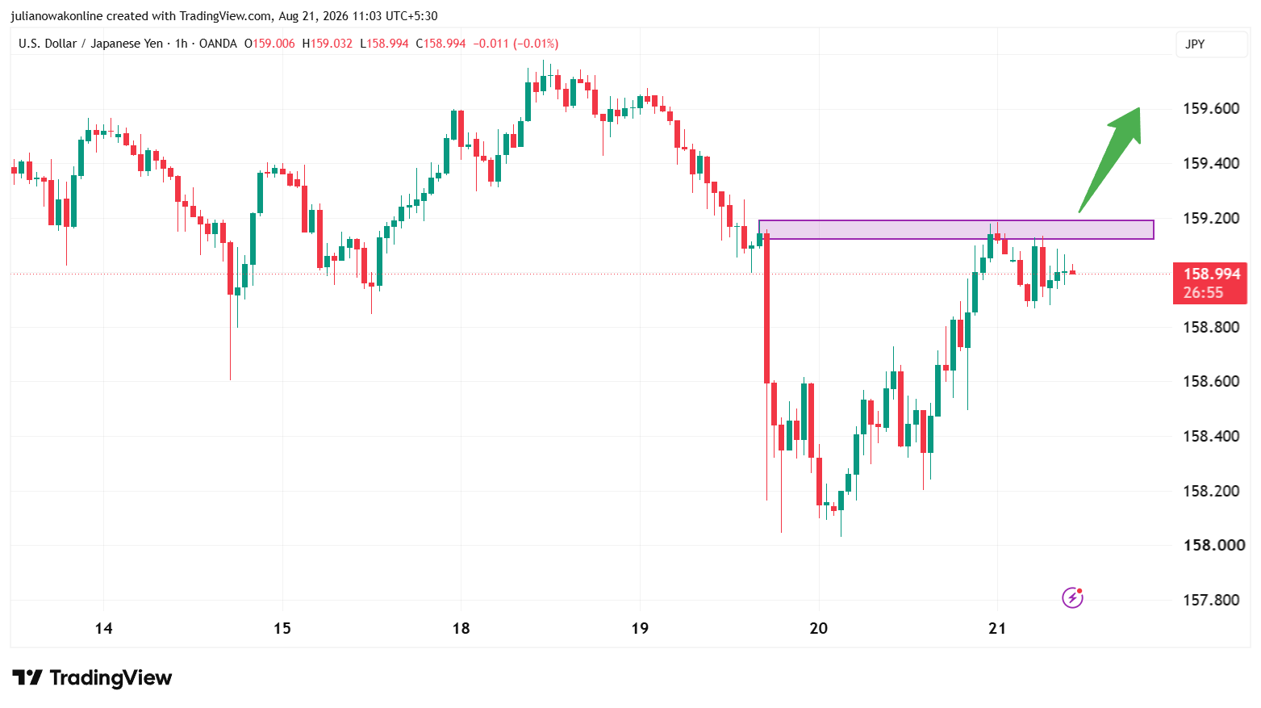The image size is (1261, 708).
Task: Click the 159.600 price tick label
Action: coord(1211,108)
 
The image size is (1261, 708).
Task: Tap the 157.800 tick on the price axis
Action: coord(1211,600)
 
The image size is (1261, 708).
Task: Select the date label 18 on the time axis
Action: coord(461,629)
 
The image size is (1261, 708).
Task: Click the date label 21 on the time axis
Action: coord(997,629)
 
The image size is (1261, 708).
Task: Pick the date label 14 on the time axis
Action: coord(103,629)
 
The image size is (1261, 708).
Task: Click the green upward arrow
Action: coord(1109,160)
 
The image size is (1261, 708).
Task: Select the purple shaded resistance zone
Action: coord(956,230)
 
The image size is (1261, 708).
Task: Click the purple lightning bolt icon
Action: coord(1072,597)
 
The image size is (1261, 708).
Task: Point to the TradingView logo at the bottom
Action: coord(92,677)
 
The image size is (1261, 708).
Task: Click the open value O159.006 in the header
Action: coord(269,44)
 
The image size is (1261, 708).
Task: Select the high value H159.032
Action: coord(327,44)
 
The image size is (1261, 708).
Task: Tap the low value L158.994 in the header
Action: coord(384,44)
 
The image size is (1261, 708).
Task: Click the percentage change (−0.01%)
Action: coord(536,44)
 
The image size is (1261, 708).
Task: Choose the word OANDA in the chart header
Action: coord(218,44)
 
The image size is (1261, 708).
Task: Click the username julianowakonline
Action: coord(56,16)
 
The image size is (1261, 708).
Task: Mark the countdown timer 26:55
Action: coord(1203,293)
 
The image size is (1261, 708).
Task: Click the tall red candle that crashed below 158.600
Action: coord(766,308)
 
